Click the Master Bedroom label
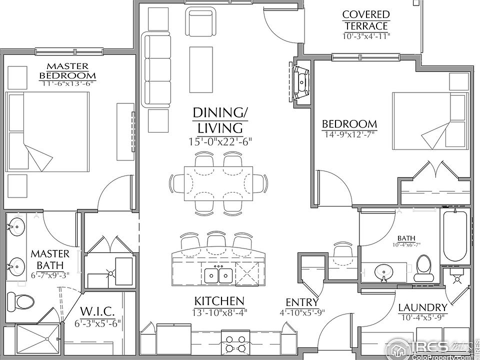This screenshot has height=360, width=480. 67,70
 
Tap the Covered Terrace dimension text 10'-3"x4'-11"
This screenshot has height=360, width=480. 366,36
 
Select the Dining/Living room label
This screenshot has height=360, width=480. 220,120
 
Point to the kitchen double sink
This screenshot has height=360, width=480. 218,275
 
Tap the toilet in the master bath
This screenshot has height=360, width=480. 20,301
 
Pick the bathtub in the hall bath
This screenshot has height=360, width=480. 455,235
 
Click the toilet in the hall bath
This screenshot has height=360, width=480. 424,268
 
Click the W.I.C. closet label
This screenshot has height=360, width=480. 97,311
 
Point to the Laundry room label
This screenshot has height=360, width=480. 422,307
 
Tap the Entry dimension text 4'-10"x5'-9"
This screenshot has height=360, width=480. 302,312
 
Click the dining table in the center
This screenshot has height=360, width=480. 218,183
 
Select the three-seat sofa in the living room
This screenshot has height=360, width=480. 156,69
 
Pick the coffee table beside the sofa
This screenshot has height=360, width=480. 201,69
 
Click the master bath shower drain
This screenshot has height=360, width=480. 47,338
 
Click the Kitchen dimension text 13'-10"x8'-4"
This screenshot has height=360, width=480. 219,312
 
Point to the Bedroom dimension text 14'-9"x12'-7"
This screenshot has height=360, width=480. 349,134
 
